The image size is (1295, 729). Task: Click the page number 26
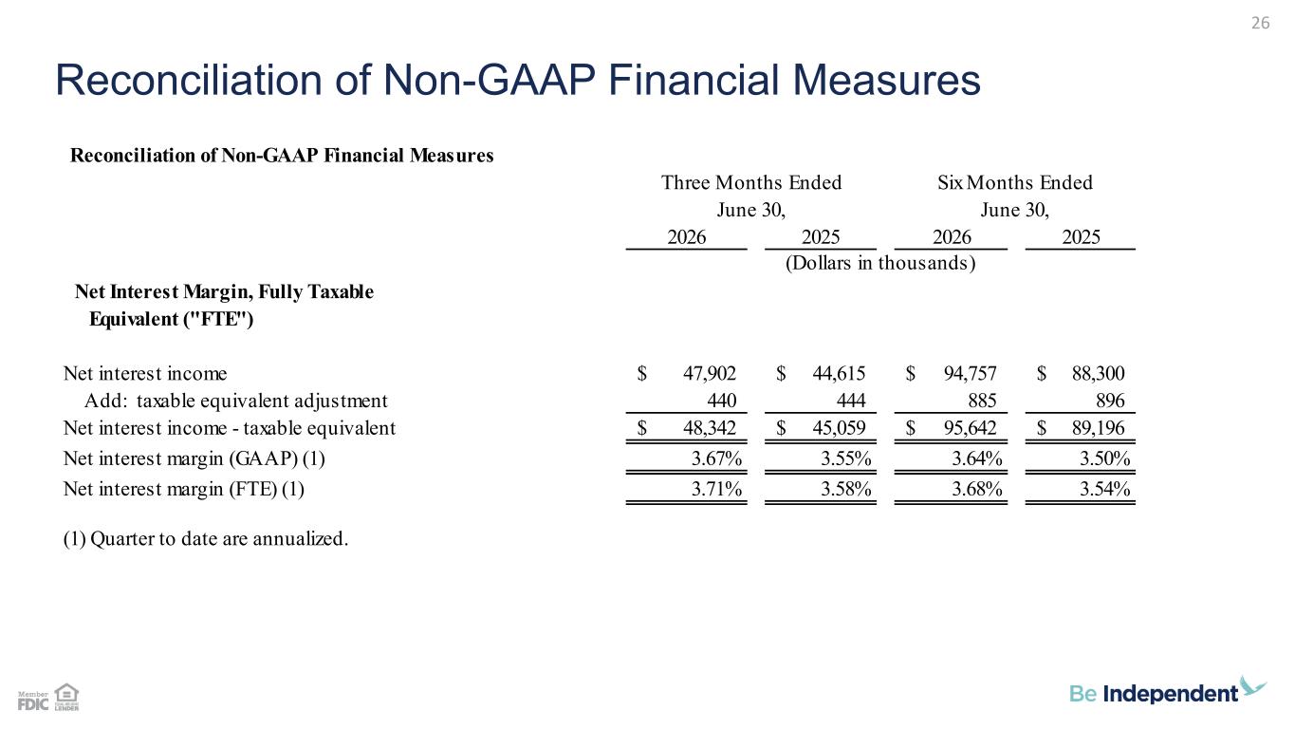point(1260,23)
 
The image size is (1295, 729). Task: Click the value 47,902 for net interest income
point(710,374)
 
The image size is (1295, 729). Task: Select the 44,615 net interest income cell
point(839,374)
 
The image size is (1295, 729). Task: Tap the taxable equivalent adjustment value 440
point(721,401)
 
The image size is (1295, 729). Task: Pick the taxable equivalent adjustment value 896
point(1110,401)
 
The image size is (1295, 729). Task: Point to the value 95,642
point(971,428)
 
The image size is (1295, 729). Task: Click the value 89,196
point(1098,428)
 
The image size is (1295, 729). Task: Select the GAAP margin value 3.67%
point(716,458)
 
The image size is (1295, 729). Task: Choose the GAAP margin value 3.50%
point(1105,458)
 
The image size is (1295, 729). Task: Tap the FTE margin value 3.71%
point(716,490)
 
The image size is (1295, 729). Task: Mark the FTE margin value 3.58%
point(846,490)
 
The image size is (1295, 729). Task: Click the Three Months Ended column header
point(751,183)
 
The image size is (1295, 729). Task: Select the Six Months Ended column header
point(1014,183)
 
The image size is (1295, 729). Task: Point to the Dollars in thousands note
point(880,263)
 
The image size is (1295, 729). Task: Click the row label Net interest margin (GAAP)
point(194,458)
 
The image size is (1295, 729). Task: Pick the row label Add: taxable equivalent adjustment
point(236,401)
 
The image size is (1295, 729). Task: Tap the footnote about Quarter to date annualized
point(206,539)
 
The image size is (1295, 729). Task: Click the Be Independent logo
point(1167,691)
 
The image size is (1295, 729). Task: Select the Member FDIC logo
point(33,701)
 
